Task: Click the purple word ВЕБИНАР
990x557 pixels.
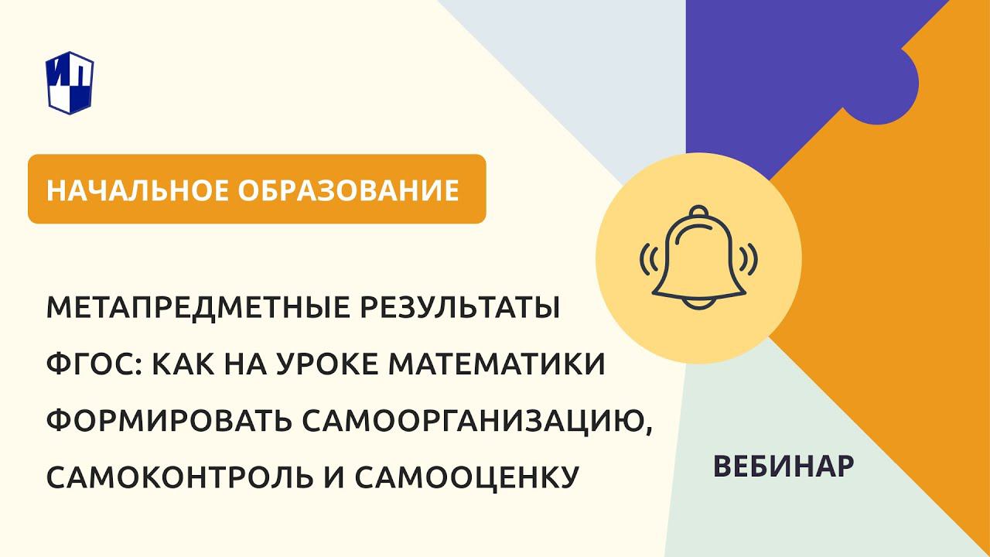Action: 783,466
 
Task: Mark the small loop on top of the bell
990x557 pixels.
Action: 698,212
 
